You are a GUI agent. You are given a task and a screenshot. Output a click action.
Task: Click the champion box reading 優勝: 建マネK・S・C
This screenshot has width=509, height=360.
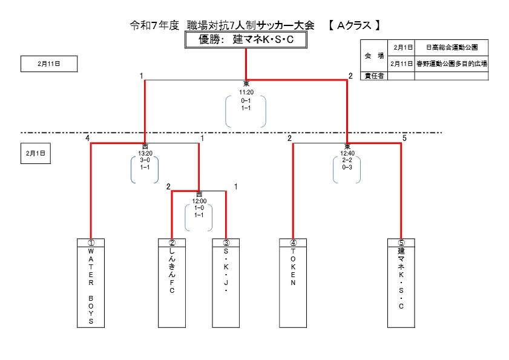(246, 40)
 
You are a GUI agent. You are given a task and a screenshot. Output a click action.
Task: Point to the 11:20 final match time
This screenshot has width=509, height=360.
(246, 93)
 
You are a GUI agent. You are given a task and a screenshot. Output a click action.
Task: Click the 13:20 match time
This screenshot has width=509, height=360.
(145, 153)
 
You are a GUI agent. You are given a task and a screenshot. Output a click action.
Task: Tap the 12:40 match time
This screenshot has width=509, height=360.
(347, 153)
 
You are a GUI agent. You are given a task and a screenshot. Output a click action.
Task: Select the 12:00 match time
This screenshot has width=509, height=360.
(199, 201)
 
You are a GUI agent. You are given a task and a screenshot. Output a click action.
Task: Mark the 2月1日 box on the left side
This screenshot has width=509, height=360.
(35, 154)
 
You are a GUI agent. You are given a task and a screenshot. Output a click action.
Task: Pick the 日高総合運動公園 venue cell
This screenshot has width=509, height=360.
(452, 47)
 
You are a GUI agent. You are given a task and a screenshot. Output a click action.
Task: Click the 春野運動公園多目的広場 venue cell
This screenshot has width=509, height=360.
(452, 63)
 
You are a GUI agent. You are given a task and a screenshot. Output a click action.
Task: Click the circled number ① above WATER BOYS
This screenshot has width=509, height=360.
(91, 243)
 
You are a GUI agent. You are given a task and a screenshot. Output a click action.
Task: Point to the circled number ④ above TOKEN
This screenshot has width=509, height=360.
(293, 243)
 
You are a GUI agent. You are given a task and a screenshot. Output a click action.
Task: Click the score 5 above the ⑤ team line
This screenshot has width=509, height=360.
(404, 139)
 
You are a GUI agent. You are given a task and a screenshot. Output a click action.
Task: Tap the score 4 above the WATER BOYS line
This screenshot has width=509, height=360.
(88, 139)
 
